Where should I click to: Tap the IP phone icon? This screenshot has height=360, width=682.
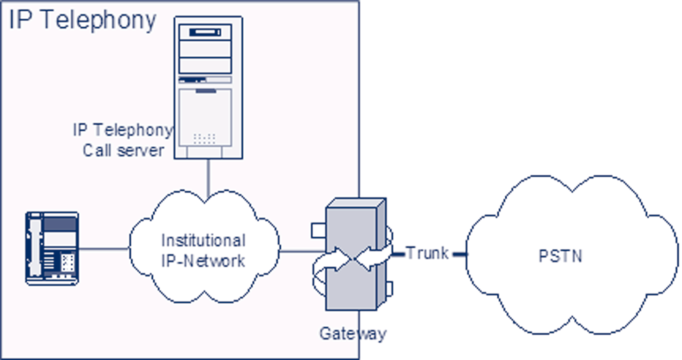coord(52,248)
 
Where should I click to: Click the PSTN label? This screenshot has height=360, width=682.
coord(560,256)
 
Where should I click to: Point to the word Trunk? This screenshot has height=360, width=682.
coord(427,253)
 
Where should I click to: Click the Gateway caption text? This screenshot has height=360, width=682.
coord(352,333)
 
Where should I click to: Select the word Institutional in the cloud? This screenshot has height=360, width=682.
coord(203,240)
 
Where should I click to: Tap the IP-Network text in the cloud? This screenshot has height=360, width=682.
coord(203,261)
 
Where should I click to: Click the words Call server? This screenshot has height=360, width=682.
coord(123,150)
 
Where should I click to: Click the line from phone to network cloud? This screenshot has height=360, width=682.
coord(103,248)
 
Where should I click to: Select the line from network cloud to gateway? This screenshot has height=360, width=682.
coord(300,251)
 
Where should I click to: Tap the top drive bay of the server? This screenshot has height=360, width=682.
coord(205,32)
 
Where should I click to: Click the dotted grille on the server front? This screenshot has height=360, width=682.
coord(204,138)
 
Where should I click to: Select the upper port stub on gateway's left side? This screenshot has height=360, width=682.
coord(319,230)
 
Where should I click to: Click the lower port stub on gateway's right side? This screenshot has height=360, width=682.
coord(389,288)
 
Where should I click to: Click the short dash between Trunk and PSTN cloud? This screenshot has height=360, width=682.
coord(460,254)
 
